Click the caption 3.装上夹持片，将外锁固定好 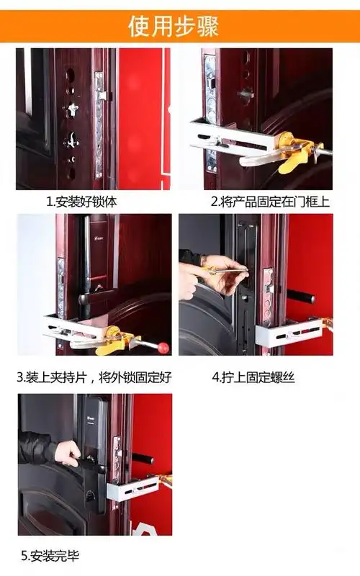coord(94,377)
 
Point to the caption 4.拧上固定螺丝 coord(253,377)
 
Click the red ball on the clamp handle coord(163,347)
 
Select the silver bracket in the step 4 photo coord(288,333)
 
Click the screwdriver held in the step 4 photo coord(223,271)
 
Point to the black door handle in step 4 coord(300,296)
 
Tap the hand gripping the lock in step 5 coord(69,452)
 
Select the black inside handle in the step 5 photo coord(143,459)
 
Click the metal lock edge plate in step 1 coord(100,122)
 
